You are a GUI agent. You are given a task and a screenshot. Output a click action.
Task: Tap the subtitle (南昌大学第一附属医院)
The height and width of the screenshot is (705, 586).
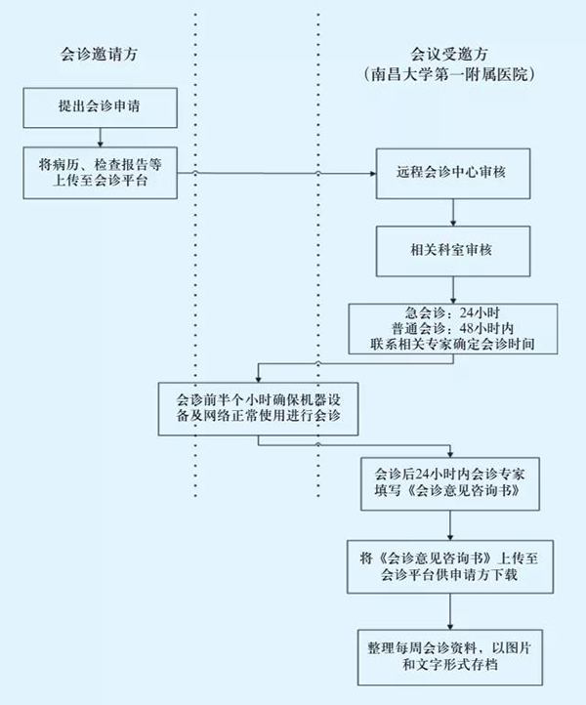pyautogui.click(x=451, y=74)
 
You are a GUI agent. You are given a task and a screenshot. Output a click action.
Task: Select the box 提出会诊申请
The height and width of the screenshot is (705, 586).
pyautogui.click(x=102, y=105)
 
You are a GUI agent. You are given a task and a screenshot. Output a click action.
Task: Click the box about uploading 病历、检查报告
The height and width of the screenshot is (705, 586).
pyautogui.click(x=102, y=172)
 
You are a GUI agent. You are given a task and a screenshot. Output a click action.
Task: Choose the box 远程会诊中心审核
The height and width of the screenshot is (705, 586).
pyautogui.click(x=450, y=174)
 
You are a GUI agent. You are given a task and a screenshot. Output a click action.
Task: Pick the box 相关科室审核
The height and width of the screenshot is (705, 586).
pyautogui.click(x=450, y=251)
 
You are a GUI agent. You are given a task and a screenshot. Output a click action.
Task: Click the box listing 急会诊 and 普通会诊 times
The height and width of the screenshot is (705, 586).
pyautogui.click(x=450, y=328)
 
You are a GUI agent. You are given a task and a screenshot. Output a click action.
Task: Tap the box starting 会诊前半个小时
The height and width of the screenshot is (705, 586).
pyautogui.click(x=258, y=408)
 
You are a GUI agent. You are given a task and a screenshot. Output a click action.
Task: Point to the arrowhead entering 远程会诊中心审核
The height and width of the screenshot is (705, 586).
pyautogui.click(x=372, y=174)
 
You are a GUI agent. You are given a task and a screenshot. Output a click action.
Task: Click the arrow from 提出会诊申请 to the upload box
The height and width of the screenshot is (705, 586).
pyautogui.click(x=102, y=136)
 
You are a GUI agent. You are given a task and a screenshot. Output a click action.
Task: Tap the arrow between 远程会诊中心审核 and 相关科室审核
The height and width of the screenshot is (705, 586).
pyautogui.click(x=450, y=213)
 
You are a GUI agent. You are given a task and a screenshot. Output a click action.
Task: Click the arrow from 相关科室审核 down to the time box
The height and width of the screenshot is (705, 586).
pyautogui.click(x=450, y=290)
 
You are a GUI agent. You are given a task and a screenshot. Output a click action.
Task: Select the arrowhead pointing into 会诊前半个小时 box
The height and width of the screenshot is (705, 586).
pyautogui.click(x=258, y=377)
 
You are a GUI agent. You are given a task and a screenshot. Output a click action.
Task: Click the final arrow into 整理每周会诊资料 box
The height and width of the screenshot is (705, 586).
pyautogui.click(x=450, y=611)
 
